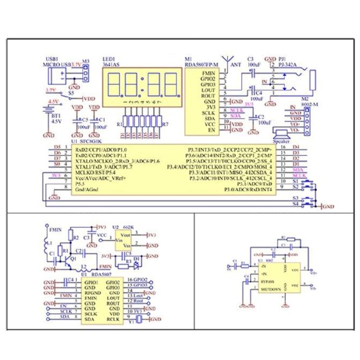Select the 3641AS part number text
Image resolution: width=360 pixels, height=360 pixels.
tap(111, 63)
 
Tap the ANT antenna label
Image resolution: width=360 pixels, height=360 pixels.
tap(236, 63)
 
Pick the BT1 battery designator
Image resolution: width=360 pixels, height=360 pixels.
tap(55, 116)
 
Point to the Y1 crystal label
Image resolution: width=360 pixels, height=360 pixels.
tap(129, 323)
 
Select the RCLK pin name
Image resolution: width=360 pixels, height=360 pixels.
tap(113, 318)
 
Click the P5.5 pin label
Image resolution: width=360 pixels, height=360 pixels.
tap(80, 183)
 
